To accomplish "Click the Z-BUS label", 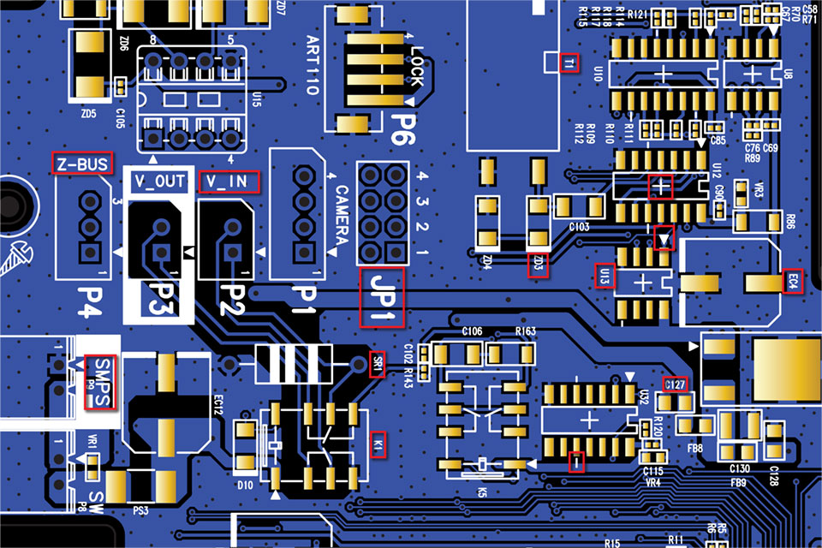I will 82,164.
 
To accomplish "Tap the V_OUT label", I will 160,182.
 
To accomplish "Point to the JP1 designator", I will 382,297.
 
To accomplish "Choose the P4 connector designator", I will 88,301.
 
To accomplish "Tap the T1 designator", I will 570,63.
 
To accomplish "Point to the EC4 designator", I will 793,281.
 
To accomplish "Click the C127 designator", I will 675,384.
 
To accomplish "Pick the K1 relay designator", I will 378,445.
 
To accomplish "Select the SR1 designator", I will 377,363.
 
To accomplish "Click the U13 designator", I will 605,277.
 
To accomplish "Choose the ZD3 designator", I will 538,265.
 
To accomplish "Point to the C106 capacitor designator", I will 473,331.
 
